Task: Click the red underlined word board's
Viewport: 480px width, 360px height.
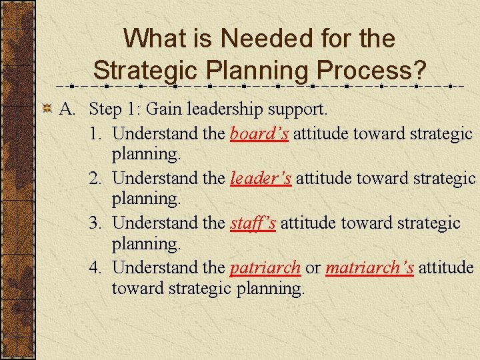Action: coord(259,134)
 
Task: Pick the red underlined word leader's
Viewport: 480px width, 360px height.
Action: coord(260,178)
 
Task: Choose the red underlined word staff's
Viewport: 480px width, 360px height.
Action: coord(253,223)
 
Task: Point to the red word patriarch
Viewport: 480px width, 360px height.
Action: coord(265,267)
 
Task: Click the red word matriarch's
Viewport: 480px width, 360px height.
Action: coord(369,267)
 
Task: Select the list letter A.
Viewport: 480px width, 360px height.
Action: coord(67,108)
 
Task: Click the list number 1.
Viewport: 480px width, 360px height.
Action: coord(96,134)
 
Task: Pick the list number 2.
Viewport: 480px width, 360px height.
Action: coord(96,178)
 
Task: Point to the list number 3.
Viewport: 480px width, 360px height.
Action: coord(96,223)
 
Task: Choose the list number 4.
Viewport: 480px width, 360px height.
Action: coord(96,267)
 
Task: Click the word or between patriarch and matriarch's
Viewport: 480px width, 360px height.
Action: coord(313,268)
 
